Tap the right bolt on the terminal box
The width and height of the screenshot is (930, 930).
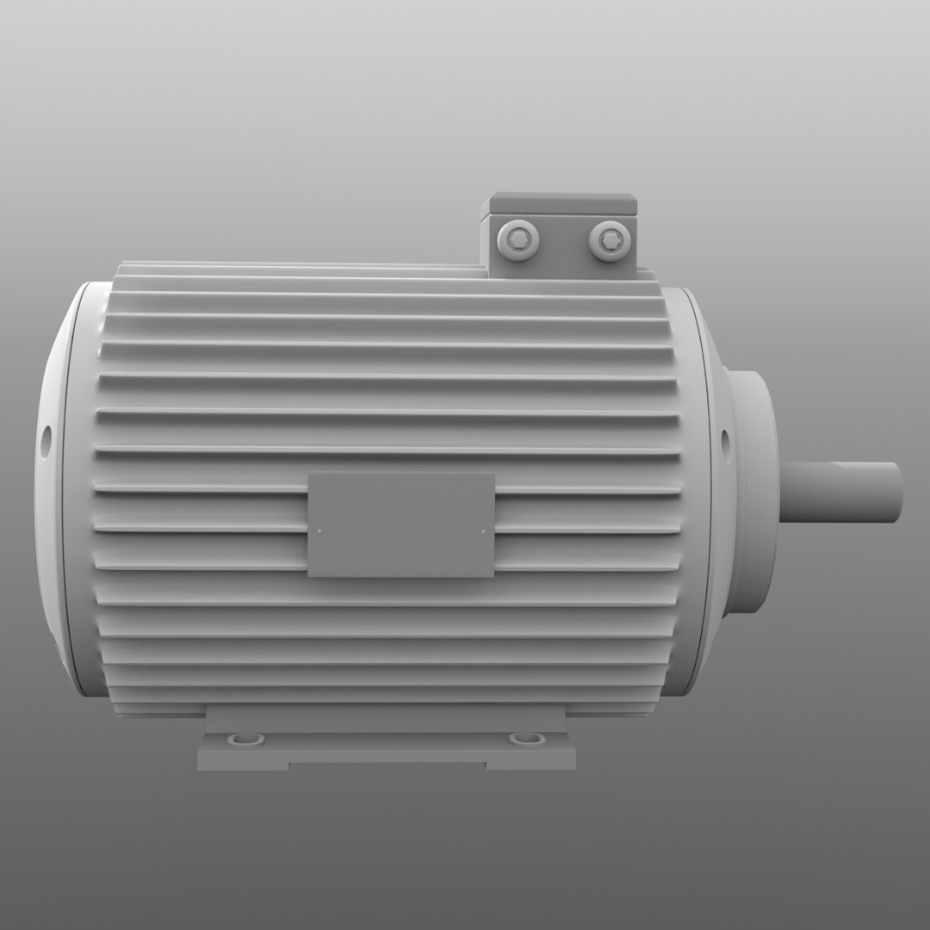pos(611,239)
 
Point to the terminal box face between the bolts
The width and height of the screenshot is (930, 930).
pos(565,242)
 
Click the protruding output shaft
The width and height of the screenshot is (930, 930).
pos(840,491)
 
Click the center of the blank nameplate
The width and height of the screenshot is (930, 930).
pos(401,524)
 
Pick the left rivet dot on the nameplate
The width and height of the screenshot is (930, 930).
pos(319,530)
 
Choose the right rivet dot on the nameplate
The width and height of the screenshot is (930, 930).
pos(483,531)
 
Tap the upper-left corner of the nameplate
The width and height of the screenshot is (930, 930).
pos(310,474)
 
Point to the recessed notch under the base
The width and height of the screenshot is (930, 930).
pos(387,764)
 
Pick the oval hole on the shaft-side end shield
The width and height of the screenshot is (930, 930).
pos(724,443)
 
